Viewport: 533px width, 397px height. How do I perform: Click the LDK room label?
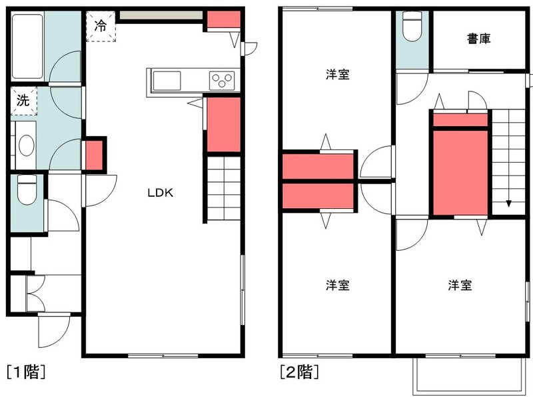[160, 193]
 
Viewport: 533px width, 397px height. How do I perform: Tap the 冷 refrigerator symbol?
[101, 26]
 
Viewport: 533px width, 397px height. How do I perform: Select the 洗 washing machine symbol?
[23, 101]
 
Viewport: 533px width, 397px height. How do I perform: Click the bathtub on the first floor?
[27, 46]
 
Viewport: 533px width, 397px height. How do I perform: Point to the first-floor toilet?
[27, 189]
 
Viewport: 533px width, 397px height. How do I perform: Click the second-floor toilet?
[412, 27]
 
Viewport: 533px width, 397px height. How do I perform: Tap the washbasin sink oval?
[26, 145]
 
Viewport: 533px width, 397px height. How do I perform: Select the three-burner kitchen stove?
[222, 81]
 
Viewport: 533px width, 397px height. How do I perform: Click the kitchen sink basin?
[167, 81]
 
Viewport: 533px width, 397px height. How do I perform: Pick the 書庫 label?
[478, 39]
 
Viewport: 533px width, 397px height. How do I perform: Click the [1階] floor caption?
[26, 372]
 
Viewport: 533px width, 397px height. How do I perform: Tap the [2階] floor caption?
[299, 372]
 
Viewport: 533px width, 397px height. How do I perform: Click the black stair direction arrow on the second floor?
[508, 204]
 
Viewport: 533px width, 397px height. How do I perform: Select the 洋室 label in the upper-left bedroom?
[338, 74]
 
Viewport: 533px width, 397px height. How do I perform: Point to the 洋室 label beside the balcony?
[460, 285]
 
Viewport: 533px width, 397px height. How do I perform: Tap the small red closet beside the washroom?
[93, 155]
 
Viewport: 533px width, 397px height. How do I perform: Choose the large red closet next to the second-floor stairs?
[460, 173]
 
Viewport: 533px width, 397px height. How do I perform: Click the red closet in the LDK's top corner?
[224, 19]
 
